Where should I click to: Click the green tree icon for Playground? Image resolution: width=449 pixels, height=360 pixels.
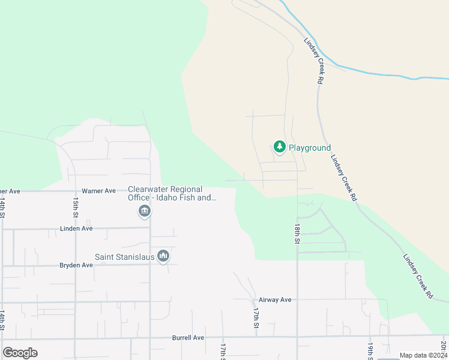tap(279, 146)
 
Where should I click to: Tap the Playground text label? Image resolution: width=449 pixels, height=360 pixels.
tap(310, 148)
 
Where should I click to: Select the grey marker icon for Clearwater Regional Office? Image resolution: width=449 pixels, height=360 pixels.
tap(144, 211)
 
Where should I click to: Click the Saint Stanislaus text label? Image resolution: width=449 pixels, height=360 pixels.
tap(124, 257)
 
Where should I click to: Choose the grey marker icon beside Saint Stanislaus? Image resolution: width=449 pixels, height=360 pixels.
tap(163, 257)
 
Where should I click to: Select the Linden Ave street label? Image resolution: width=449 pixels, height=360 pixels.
tap(76, 229)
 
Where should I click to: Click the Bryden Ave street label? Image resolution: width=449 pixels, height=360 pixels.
tap(76, 265)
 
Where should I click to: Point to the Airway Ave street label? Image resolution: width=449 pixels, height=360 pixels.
tap(274, 300)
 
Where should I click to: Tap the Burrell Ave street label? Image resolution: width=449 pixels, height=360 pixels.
tap(188, 338)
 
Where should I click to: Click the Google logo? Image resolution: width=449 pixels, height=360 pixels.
tap(20, 353)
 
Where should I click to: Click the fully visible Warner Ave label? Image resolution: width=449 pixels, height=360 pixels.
tap(98, 191)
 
